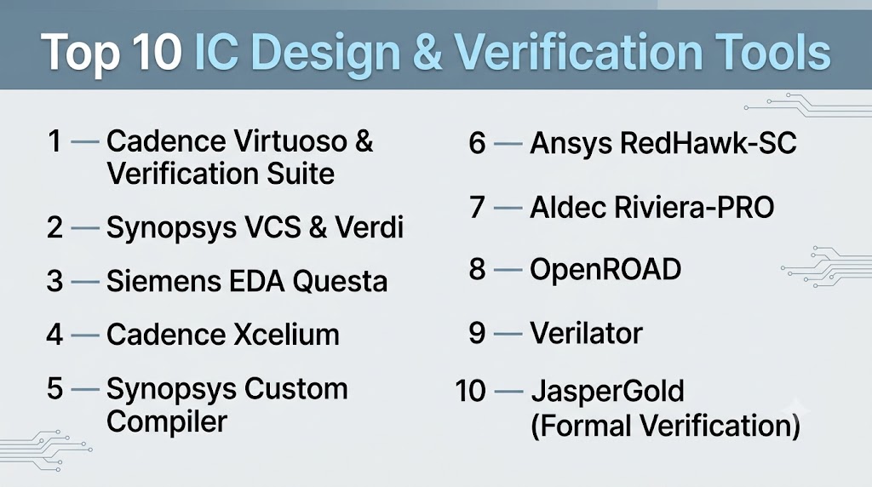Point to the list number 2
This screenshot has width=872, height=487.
pos(54,227)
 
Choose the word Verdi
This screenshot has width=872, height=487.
pos(369,227)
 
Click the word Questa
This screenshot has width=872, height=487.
pos(340,281)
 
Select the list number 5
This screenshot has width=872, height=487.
pos(54,388)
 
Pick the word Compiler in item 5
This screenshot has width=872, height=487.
pos(167,421)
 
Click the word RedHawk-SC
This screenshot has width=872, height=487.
pos(708,143)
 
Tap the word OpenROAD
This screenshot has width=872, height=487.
pos(605,269)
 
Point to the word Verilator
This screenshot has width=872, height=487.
pos(586,334)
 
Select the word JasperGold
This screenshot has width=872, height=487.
pos(607,392)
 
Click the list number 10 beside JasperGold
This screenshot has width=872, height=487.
pos(470,391)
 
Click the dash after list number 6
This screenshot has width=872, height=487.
pos(508,145)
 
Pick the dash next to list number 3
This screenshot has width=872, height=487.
pos(85,283)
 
